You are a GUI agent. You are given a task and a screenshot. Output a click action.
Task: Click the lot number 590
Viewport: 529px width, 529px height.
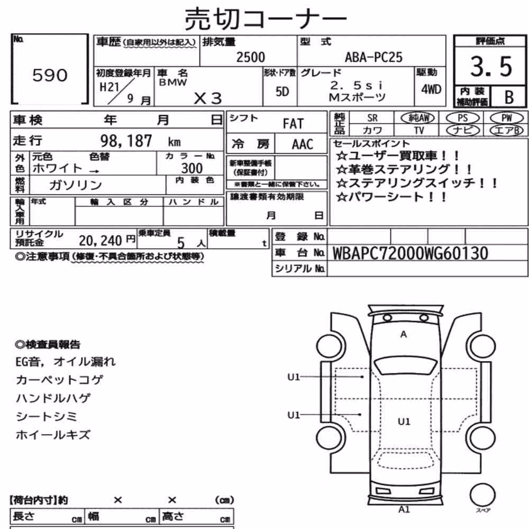click(50, 75)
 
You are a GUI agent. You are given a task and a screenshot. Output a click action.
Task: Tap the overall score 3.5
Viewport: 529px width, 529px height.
click(491, 66)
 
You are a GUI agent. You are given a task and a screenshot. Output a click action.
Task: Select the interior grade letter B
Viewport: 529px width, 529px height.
click(509, 97)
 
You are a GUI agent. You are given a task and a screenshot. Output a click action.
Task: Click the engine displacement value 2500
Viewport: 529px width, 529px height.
click(251, 57)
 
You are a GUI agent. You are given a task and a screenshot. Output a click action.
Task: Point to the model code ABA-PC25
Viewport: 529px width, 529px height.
click(373, 57)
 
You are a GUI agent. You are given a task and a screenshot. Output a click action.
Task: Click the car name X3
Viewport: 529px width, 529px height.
click(208, 98)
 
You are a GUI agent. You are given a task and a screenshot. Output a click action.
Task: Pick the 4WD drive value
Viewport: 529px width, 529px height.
click(431, 89)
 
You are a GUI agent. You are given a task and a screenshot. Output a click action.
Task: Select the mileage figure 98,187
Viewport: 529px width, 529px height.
click(126, 141)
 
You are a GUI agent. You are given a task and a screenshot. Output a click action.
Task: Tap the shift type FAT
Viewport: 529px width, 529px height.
click(293, 124)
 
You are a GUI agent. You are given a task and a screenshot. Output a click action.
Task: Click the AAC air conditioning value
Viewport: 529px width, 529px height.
click(303, 144)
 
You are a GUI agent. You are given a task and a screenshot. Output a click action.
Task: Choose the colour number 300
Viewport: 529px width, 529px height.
click(192, 168)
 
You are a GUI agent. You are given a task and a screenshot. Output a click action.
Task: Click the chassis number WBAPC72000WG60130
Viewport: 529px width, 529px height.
click(411, 253)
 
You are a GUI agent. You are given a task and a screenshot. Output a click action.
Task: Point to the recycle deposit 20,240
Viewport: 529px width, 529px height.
click(100, 241)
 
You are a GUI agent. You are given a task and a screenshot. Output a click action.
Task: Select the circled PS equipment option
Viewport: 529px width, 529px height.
click(462, 118)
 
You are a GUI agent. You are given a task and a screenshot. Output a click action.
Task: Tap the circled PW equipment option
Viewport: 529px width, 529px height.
click(506, 118)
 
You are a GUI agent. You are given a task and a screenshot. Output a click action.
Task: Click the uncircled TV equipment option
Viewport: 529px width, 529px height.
click(419, 130)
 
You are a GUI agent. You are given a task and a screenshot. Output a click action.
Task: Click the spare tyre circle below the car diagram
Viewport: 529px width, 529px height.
click(482, 495)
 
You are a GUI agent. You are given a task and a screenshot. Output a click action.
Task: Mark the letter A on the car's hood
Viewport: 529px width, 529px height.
click(404, 334)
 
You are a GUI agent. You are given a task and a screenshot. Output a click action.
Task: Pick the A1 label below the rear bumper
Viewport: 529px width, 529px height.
click(404, 509)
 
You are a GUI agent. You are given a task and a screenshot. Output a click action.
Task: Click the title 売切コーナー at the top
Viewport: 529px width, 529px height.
click(266, 19)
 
